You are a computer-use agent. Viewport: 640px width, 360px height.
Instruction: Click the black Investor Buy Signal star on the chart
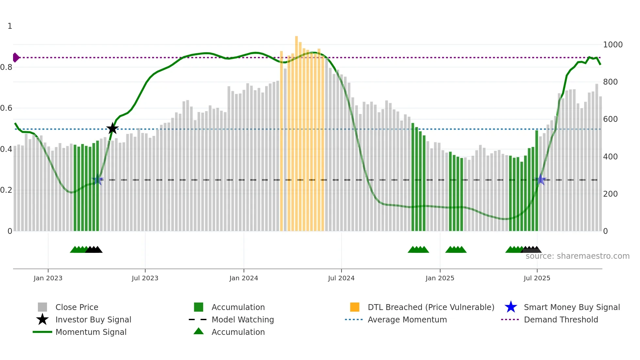click(x=112, y=128)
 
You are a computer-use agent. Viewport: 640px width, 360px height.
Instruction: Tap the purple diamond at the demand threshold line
click(x=16, y=57)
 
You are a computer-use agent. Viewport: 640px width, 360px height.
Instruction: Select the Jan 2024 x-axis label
click(x=244, y=278)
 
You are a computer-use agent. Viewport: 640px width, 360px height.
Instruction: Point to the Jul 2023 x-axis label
click(x=145, y=278)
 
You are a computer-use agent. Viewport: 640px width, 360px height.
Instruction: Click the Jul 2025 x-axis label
click(x=537, y=278)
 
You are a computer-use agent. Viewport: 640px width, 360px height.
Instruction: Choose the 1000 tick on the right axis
click(x=613, y=45)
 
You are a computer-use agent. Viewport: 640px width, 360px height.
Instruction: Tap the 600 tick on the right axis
click(x=610, y=119)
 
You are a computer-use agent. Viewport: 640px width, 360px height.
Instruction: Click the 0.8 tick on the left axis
click(x=7, y=67)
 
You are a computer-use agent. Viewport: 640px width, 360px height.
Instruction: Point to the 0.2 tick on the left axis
click(x=7, y=190)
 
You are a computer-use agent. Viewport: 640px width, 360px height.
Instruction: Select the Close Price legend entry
click(x=77, y=307)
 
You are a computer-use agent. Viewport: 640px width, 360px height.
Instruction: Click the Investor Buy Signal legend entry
click(x=93, y=319)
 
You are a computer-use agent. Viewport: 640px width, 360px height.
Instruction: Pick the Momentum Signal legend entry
click(x=91, y=332)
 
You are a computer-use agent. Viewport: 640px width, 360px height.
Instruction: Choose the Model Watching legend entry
click(x=243, y=319)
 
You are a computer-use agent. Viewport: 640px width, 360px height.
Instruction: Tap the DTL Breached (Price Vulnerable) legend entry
click(x=431, y=307)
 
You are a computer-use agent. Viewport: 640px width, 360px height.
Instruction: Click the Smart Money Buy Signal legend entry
click(x=572, y=307)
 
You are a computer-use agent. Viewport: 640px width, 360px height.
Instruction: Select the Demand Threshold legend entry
click(x=561, y=319)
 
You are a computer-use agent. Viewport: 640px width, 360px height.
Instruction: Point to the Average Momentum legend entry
click(x=407, y=319)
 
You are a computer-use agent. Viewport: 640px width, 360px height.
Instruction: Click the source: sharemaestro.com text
click(x=577, y=256)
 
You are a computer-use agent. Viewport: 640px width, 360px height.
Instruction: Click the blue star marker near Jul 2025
click(x=541, y=180)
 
